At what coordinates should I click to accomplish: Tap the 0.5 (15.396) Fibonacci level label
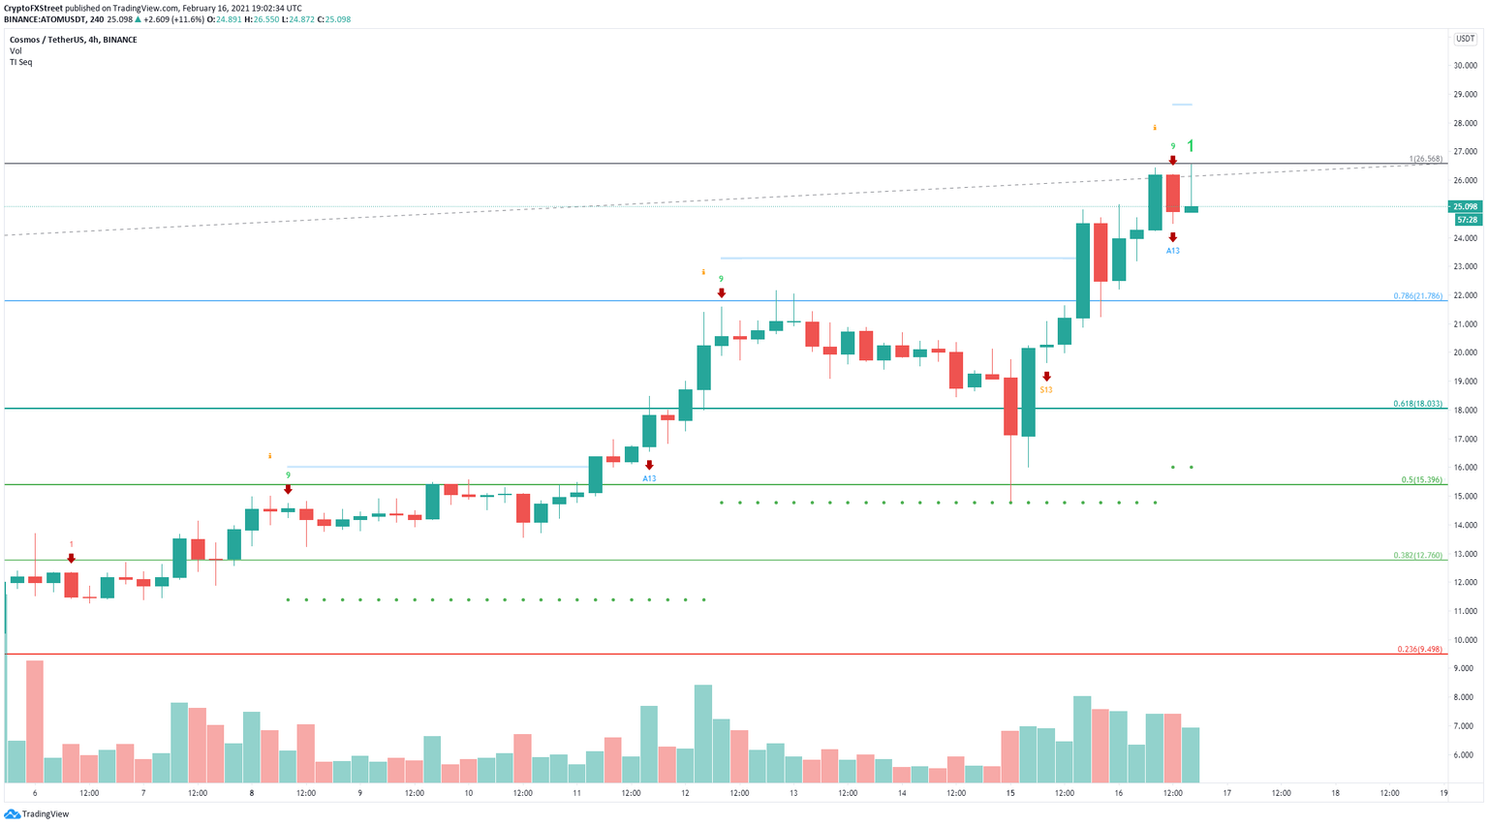1421,479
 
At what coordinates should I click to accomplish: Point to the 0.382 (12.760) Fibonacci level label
1417,555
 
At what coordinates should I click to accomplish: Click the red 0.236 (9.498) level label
1419,649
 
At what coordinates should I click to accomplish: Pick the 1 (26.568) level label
1425,159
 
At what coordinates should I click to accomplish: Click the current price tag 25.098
1464,206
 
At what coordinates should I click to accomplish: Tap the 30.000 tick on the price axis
1464,66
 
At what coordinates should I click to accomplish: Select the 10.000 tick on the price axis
1464,640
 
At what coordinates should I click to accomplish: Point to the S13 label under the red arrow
1046,389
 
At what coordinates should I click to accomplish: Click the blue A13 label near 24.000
1172,251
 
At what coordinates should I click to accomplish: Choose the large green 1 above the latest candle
1191,146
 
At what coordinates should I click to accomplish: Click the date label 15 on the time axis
1010,793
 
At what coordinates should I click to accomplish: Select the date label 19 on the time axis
1443,793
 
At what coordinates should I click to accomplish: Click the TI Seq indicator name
20,62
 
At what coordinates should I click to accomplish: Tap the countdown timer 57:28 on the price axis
1464,220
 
